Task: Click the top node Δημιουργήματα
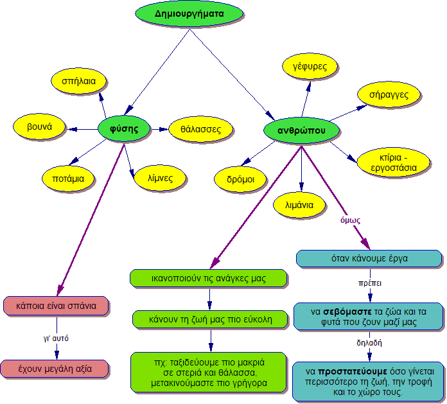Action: [x=189, y=14]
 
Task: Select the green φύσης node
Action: [x=125, y=128]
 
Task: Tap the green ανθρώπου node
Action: [x=300, y=130]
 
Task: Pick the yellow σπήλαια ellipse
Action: [x=79, y=82]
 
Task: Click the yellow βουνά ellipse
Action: [x=40, y=127]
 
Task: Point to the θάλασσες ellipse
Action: [x=200, y=129]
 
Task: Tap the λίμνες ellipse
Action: [x=159, y=177]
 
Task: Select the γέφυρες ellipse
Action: [x=310, y=67]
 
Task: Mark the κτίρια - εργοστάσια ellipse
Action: [x=392, y=162]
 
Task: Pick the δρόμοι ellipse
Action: [x=240, y=178]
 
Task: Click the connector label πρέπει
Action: [x=370, y=282]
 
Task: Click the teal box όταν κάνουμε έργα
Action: [x=369, y=258]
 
